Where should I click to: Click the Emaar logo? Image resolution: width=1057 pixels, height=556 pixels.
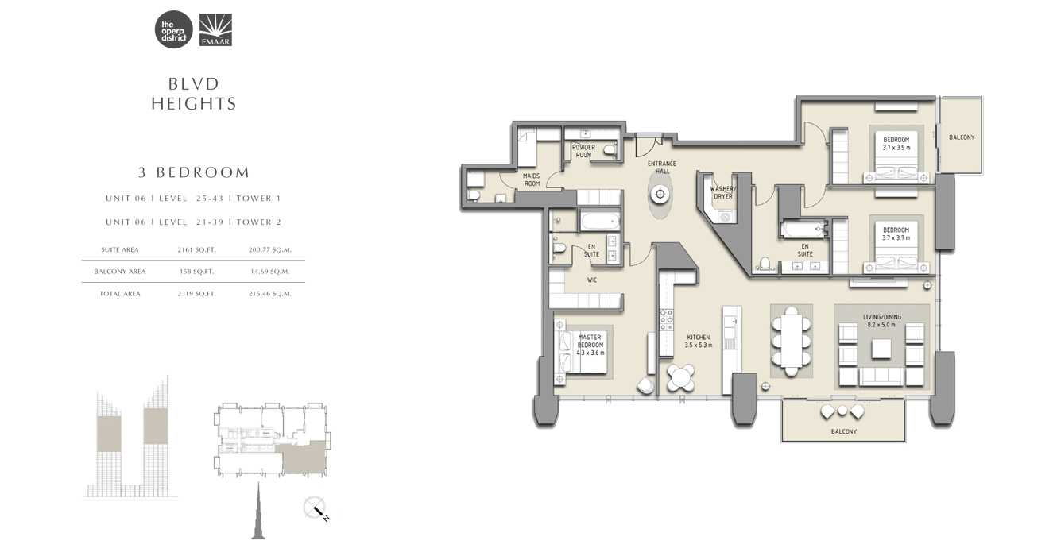(x=215, y=30)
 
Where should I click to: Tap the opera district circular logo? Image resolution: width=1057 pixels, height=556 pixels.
(x=174, y=30)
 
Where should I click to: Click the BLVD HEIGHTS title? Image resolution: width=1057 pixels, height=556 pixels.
(x=194, y=94)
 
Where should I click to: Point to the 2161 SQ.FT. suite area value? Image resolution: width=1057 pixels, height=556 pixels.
(x=197, y=249)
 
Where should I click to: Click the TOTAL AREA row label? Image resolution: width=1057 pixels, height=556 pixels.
(x=121, y=294)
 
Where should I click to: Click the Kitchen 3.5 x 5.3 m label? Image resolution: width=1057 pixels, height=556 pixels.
(x=699, y=341)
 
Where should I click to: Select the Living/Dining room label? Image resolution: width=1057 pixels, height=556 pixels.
(x=880, y=320)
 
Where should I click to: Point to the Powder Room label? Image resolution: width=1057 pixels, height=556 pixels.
(x=584, y=151)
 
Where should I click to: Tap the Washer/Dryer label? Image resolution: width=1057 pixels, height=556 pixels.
(x=723, y=192)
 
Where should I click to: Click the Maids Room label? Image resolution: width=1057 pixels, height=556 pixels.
(x=532, y=180)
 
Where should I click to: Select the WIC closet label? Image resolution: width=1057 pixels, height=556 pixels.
(x=592, y=280)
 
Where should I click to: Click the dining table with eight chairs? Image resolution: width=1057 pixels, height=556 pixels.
(x=792, y=342)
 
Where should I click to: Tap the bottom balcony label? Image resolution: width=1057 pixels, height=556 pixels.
(x=843, y=431)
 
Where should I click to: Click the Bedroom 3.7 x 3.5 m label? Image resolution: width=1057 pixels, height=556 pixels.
(x=896, y=143)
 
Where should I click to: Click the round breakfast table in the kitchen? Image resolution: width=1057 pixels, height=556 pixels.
(x=681, y=378)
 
